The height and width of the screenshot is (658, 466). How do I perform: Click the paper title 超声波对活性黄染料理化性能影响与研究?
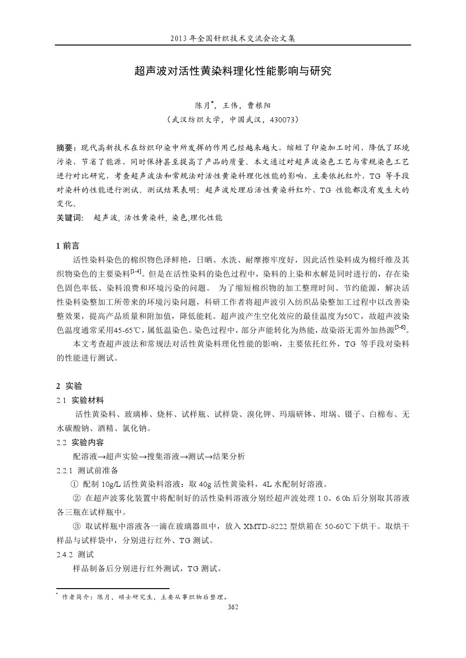[233, 71]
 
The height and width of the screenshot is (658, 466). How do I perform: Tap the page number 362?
[233, 607]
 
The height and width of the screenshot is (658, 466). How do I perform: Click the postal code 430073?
[283, 120]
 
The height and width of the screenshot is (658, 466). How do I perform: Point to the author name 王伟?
[231, 106]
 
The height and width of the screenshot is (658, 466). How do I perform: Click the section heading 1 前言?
[68, 246]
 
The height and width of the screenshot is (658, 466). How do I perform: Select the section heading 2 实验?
[69, 386]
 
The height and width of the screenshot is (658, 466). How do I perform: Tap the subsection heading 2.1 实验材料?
[80, 400]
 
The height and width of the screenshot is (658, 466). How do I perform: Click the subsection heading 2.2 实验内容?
[80, 442]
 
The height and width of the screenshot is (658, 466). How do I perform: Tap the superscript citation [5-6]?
[400, 327]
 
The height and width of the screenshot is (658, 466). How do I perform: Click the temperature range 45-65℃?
[133, 330]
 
